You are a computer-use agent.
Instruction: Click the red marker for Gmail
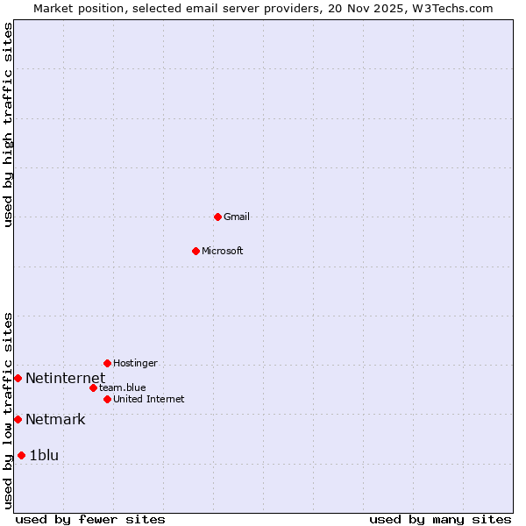[217, 217]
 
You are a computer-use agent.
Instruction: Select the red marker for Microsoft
[195, 251]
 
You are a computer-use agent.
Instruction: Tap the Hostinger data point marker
[107, 363]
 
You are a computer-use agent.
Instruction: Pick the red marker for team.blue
[93, 387]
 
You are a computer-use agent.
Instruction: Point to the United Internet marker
[107, 399]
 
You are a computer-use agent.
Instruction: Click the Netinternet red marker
[18, 378]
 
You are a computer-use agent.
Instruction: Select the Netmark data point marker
[18, 419]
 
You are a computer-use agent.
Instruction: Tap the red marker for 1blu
[21, 455]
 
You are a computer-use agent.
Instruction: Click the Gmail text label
[237, 217]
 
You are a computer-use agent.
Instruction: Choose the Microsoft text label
[223, 252]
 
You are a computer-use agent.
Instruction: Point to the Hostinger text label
[135, 364]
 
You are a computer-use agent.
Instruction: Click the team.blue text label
[123, 387]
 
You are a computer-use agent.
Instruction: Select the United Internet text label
[149, 400]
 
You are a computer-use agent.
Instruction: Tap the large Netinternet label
[65, 379]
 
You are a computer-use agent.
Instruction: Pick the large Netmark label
[55, 420]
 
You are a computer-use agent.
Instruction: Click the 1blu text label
[44, 456]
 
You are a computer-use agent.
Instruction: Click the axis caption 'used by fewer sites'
[90, 519]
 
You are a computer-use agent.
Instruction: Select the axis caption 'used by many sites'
[440, 519]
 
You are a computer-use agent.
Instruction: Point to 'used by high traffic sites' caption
[9, 124]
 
